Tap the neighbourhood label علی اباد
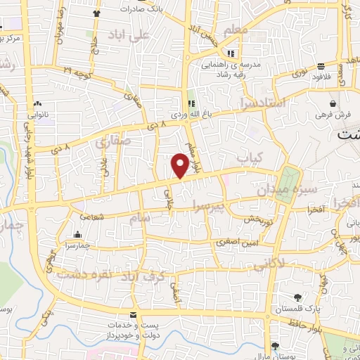[x=130, y=34]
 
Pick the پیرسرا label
[x=210, y=206]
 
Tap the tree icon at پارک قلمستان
[x=297, y=297]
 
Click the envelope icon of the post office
[x=134, y=314]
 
